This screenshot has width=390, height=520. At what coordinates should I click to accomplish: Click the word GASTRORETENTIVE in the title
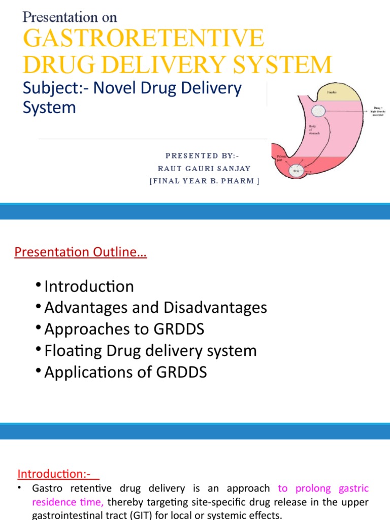pyautogui.click(x=144, y=39)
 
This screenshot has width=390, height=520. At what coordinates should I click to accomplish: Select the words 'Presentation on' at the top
pyautogui.click(x=70, y=17)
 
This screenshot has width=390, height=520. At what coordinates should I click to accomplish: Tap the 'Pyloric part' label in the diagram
pyautogui.click(x=278, y=158)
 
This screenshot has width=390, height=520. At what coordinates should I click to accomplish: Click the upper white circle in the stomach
pyautogui.click(x=319, y=110)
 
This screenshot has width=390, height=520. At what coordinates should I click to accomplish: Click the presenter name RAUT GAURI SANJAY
pyautogui.click(x=204, y=169)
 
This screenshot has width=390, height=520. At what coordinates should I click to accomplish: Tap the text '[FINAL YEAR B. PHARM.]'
pyautogui.click(x=204, y=181)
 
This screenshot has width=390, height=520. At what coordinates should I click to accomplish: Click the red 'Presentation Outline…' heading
pyautogui.click(x=81, y=252)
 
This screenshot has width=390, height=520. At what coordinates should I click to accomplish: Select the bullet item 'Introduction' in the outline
pyautogui.click(x=89, y=286)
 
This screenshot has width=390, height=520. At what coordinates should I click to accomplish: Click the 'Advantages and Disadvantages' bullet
pyautogui.click(x=155, y=308)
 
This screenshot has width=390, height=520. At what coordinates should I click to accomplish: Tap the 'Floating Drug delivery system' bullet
pyautogui.click(x=150, y=351)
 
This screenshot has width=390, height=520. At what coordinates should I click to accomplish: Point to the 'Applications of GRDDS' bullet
pyautogui.click(x=125, y=372)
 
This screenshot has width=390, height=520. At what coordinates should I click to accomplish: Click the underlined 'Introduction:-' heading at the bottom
pyautogui.click(x=54, y=474)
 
